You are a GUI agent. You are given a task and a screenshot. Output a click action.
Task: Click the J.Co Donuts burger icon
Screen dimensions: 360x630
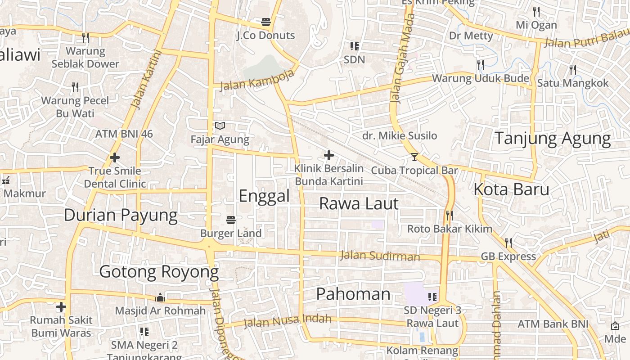(x=266, y=21)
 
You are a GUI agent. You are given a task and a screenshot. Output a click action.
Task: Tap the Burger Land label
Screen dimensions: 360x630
(x=231, y=233)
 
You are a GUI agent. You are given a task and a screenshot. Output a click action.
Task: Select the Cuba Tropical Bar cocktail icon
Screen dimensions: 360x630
(x=414, y=157)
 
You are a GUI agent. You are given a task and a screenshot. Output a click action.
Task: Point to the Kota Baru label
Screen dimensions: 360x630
(x=511, y=189)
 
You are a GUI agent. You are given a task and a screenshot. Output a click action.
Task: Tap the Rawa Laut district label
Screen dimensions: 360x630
(x=359, y=203)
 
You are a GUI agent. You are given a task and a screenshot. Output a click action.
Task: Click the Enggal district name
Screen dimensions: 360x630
(x=264, y=196)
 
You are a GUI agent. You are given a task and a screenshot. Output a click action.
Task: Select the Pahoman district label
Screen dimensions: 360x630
(x=353, y=294)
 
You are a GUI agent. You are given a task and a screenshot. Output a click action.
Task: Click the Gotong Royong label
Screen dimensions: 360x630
(x=159, y=272)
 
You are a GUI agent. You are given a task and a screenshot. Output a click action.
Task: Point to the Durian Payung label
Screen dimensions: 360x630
(x=121, y=215)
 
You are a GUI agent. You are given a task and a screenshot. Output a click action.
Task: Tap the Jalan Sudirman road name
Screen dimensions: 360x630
(x=380, y=256)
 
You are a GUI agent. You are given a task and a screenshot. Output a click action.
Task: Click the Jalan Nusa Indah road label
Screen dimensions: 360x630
(x=287, y=321)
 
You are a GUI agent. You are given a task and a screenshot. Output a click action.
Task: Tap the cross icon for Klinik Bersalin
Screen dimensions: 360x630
(x=329, y=156)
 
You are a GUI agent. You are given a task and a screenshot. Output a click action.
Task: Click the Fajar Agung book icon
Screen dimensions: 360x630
(x=220, y=126)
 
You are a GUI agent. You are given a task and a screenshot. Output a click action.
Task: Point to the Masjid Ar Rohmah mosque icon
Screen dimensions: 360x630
(x=160, y=297)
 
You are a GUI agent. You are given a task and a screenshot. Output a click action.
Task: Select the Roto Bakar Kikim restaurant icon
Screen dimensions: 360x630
(x=449, y=216)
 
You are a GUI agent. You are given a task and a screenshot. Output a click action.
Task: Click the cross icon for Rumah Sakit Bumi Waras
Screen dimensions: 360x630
(x=61, y=307)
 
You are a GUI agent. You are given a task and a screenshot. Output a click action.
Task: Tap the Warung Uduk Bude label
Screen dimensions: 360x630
(x=481, y=79)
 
